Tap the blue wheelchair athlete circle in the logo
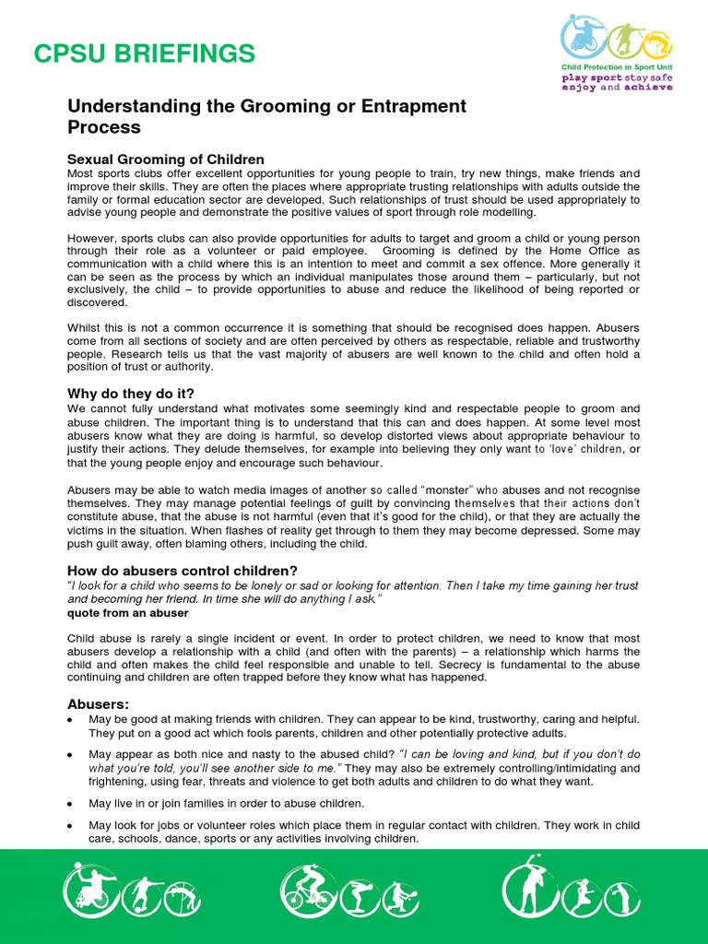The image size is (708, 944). coord(584,38)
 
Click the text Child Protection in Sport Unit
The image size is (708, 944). coord(617,67)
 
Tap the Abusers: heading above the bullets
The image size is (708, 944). coord(99,703)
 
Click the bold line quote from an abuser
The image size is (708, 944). coord(128,612)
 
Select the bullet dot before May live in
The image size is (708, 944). coord(72,804)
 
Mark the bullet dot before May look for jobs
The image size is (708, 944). coord(72,825)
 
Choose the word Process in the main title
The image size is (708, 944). coord(104,127)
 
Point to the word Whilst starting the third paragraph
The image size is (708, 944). coord(88,327)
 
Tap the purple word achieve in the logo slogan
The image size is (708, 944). coord(649,88)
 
